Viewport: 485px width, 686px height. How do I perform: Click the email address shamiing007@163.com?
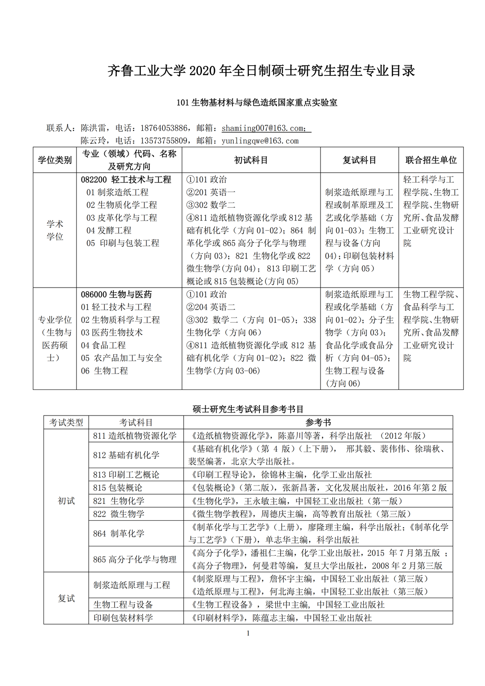click(x=263, y=128)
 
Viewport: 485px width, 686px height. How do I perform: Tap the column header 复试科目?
click(x=359, y=160)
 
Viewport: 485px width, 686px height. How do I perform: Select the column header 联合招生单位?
click(x=431, y=160)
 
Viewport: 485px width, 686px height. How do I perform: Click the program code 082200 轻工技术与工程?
click(x=126, y=180)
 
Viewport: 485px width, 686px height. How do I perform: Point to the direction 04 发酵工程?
click(x=109, y=231)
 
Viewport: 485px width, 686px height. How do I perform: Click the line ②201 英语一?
click(x=211, y=192)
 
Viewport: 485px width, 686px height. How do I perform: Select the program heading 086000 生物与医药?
click(x=116, y=295)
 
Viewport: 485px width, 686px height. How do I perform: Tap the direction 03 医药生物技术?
click(x=112, y=333)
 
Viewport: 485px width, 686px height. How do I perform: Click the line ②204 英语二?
click(x=211, y=307)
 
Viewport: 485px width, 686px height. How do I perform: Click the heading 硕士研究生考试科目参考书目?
click(x=248, y=409)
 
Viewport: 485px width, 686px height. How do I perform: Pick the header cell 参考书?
click(x=318, y=422)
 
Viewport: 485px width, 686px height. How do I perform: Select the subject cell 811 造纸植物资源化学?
click(x=135, y=436)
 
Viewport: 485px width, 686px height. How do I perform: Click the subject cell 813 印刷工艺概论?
click(x=126, y=475)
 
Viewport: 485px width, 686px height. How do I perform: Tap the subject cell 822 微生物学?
click(x=119, y=514)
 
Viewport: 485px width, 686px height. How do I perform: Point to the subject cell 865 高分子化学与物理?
click(x=135, y=560)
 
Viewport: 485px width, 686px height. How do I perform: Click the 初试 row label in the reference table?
click(x=66, y=501)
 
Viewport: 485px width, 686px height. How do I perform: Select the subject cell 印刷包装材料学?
click(x=123, y=618)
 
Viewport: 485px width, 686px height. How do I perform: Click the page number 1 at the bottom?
click(x=248, y=633)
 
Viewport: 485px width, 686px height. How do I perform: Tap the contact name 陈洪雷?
click(x=94, y=128)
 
